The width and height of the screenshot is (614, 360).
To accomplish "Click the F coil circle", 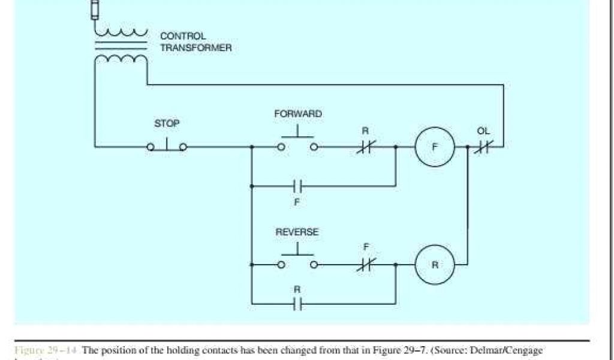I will (435, 146).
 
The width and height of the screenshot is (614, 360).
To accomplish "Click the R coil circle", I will (435, 264).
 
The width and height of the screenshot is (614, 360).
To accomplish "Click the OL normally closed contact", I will (483, 146).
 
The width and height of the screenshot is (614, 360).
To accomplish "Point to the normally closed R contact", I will (365, 146).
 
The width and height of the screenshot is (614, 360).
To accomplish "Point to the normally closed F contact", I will (365, 264).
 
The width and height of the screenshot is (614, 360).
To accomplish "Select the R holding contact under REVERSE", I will (297, 304).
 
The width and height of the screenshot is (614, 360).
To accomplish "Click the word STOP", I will (167, 124).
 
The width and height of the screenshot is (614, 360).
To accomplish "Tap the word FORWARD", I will (298, 114).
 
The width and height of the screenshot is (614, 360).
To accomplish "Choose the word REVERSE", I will (297, 232).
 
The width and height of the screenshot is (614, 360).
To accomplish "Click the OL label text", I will (483, 131).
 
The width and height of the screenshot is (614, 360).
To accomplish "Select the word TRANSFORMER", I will (195, 48).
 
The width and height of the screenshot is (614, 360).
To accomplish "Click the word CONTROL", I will (183, 36).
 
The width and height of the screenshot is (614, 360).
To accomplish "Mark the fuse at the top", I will (95, 10).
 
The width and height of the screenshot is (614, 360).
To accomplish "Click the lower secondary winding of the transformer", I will (122, 59).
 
